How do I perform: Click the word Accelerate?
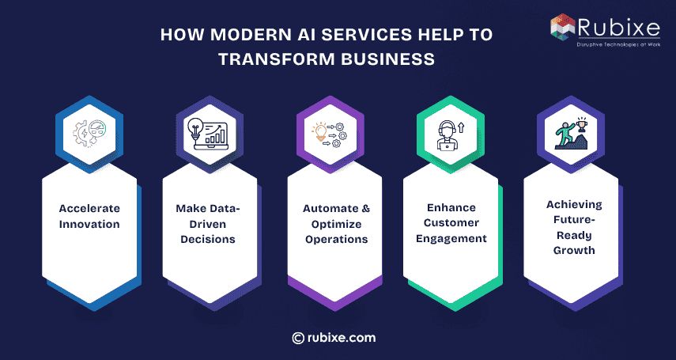(x=89, y=209)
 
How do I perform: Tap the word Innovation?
(x=89, y=224)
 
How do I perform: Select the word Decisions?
(x=210, y=239)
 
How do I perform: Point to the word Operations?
(x=335, y=239)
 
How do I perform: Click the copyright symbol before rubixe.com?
(x=298, y=338)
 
